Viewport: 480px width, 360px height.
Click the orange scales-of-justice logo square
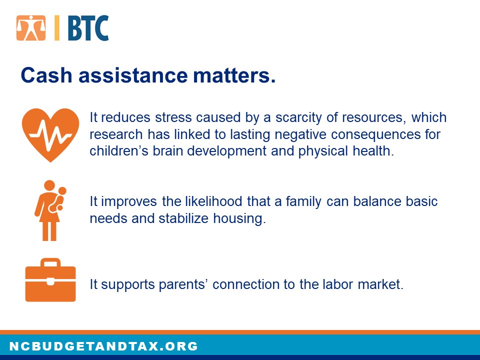pyautogui.click(x=31, y=28)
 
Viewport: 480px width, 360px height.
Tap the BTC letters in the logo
pyautogui.click(x=88, y=28)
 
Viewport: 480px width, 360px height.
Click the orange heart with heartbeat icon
pyautogui.click(x=50, y=134)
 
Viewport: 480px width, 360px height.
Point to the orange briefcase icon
pyautogui.click(x=50, y=280)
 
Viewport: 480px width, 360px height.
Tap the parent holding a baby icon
pyautogui.click(x=50, y=210)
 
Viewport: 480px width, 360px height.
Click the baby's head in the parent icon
pyautogui.click(x=62, y=191)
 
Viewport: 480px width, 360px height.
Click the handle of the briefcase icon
pyautogui.click(x=50, y=262)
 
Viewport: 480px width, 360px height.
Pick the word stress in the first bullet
pyautogui.click(x=173, y=117)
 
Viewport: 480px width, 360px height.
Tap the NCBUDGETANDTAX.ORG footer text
pyautogui.click(x=104, y=346)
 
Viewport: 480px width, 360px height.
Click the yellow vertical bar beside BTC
pyautogui.click(x=57, y=28)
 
